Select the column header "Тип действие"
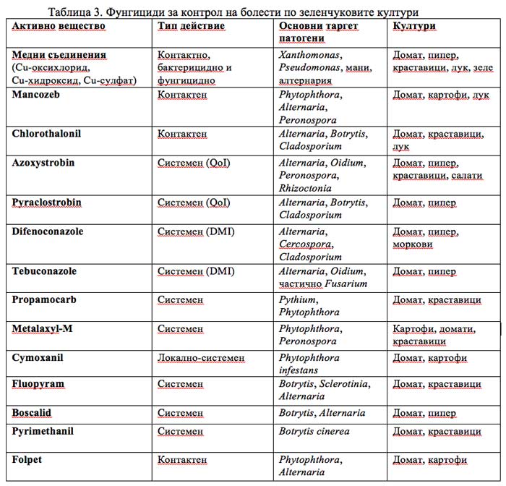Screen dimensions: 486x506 [191, 26]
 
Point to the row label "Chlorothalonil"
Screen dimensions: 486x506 [46, 133]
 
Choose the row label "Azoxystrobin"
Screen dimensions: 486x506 [43, 163]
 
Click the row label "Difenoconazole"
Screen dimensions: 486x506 [48, 231]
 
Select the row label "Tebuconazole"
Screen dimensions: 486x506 [44, 271]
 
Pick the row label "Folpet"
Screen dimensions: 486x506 [28, 459]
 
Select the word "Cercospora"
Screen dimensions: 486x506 [304, 244]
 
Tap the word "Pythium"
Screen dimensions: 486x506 [298, 299]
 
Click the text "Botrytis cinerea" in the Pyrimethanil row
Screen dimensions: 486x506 [314, 431]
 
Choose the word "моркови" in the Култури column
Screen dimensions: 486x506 [413, 244]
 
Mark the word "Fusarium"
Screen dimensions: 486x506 [346, 283]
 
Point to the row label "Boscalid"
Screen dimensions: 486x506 [32, 413]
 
